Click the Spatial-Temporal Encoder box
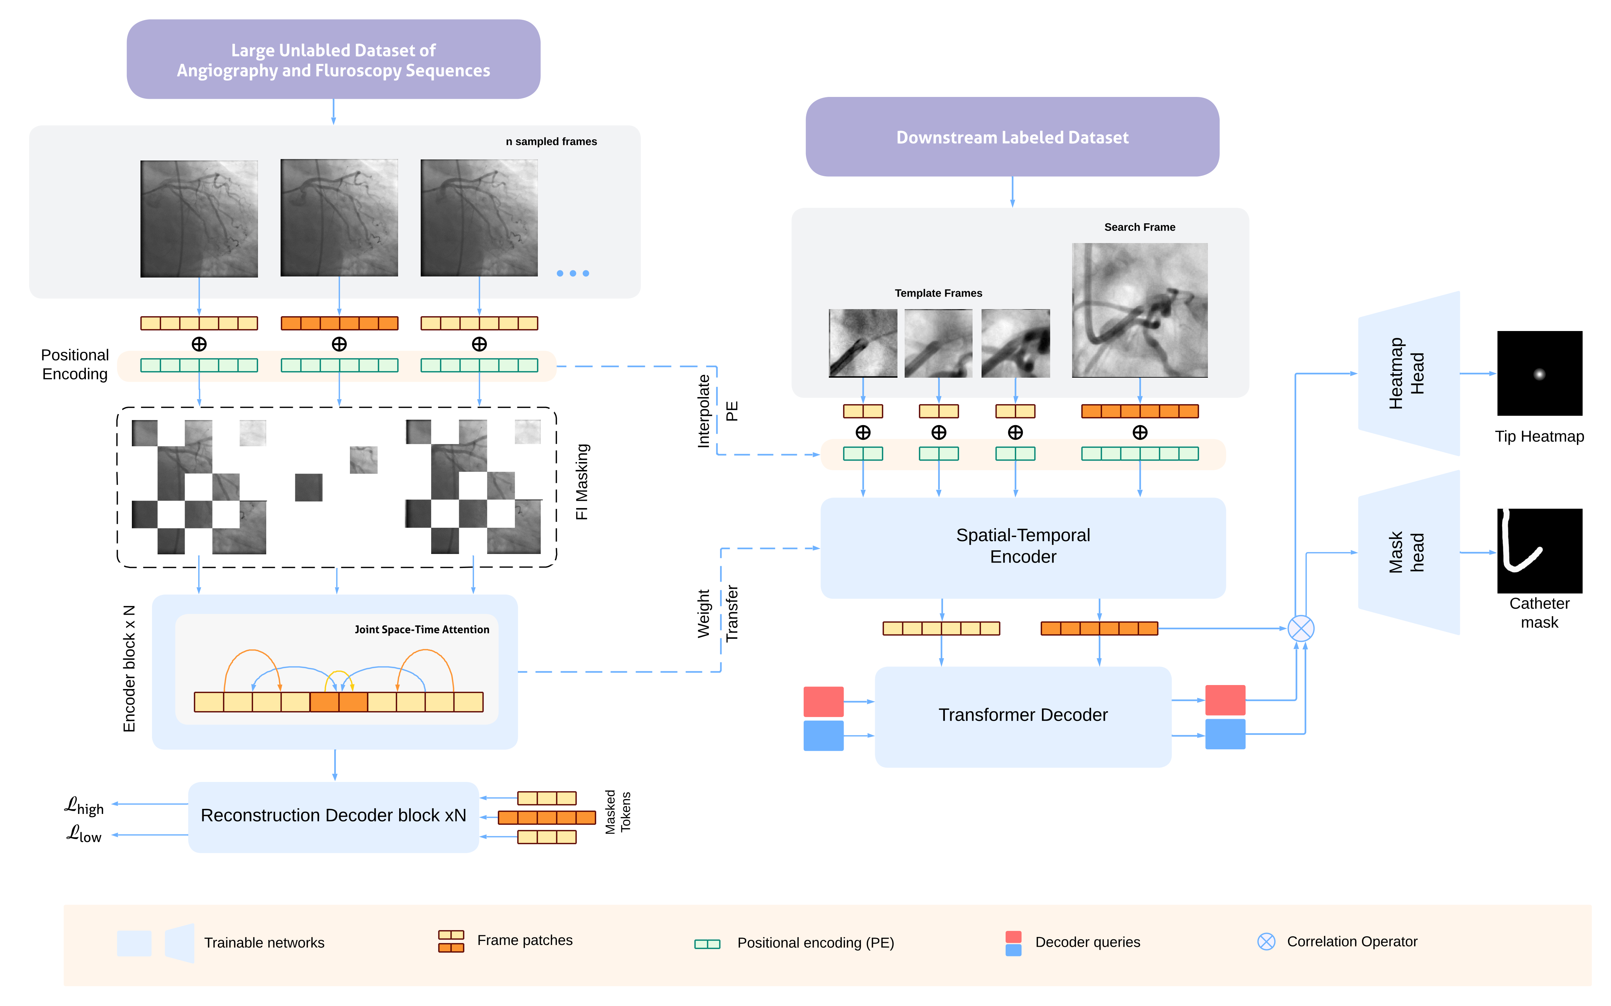(1023, 547)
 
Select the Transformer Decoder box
(1023, 715)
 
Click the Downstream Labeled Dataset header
(1012, 137)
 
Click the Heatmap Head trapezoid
(1408, 373)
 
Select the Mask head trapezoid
(1408, 552)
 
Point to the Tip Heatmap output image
(1539, 373)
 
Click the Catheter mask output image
(1539, 551)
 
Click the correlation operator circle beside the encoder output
(1300, 628)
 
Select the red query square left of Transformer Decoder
(823, 701)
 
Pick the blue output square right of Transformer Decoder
(1225, 734)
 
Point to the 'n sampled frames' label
(551, 142)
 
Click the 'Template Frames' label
(938, 293)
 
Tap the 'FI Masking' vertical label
(582, 482)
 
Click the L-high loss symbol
(84, 806)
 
